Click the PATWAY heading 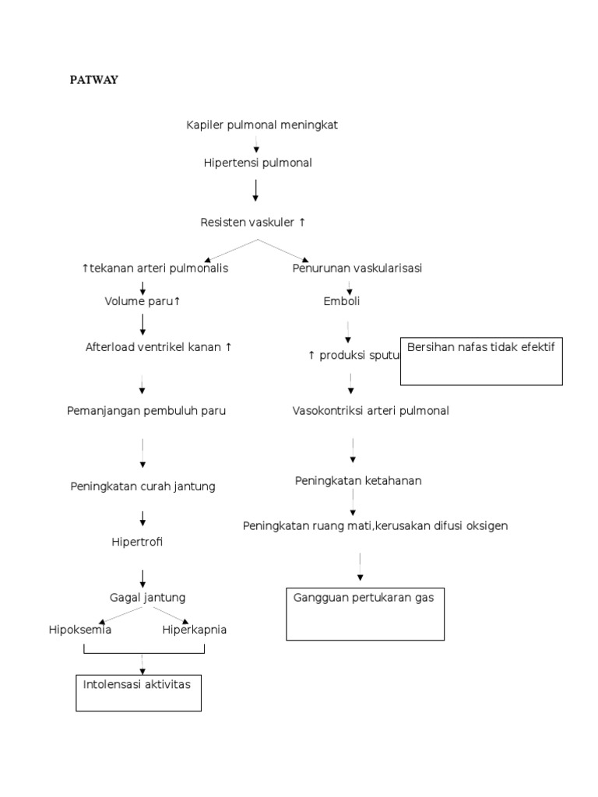pyautogui.click(x=94, y=80)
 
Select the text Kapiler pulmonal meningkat pyautogui.click(x=262, y=125)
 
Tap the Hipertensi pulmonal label pyautogui.click(x=257, y=163)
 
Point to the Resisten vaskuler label pyautogui.click(x=253, y=223)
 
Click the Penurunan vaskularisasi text pyautogui.click(x=357, y=269)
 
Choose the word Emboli pyautogui.click(x=342, y=301)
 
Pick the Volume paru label pyautogui.click(x=142, y=301)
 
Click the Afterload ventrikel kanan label pyautogui.click(x=158, y=347)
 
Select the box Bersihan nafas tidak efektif pyautogui.click(x=480, y=361)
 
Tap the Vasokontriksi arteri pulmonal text pyautogui.click(x=371, y=410)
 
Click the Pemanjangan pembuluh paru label pyautogui.click(x=146, y=410)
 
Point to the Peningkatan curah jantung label pyautogui.click(x=142, y=486)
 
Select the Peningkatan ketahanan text pyautogui.click(x=358, y=480)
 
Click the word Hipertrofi pyautogui.click(x=137, y=541)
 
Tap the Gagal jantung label pyautogui.click(x=147, y=598)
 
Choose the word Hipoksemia pyautogui.click(x=79, y=630)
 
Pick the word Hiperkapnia pyautogui.click(x=195, y=630)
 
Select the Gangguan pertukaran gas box pyautogui.click(x=365, y=613)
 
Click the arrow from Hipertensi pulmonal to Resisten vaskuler pyautogui.click(x=256, y=190)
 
